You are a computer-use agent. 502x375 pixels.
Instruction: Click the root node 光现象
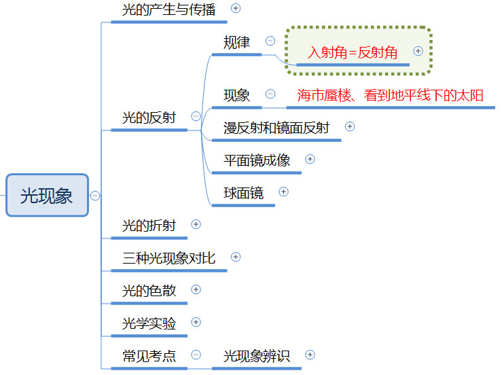[47, 196]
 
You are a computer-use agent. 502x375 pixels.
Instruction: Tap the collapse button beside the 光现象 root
[95, 196]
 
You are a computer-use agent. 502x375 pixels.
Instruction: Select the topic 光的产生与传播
[169, 10]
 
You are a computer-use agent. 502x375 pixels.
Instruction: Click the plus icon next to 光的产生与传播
[236, 8]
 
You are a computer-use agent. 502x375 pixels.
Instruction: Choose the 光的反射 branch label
[149, 118]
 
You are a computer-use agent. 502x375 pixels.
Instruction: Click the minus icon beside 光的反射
[196, 116]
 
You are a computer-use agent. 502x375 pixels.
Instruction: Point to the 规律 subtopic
[236, 42]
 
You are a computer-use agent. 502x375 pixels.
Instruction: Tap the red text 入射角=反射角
[353, 52]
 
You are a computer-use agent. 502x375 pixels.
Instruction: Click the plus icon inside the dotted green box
[418, 51]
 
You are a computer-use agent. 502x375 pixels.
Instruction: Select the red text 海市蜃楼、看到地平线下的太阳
[391, 95]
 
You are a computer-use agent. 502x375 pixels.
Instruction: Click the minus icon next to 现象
[270, 94]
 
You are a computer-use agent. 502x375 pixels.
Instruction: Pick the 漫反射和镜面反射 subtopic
[276, 128]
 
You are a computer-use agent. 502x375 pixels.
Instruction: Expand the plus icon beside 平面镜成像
[310, 159]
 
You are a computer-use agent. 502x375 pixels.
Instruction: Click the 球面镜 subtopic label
[243, 193]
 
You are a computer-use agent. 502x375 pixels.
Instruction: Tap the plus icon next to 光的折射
[196, 224]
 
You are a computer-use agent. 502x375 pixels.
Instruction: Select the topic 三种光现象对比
[169, 258]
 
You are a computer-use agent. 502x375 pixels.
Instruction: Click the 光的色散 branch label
[149, 291]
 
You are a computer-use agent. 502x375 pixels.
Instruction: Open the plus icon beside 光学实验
[196, 322]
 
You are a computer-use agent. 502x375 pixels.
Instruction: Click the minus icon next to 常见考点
[196, 355]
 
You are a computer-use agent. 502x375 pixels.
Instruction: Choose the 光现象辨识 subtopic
[257, 356]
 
